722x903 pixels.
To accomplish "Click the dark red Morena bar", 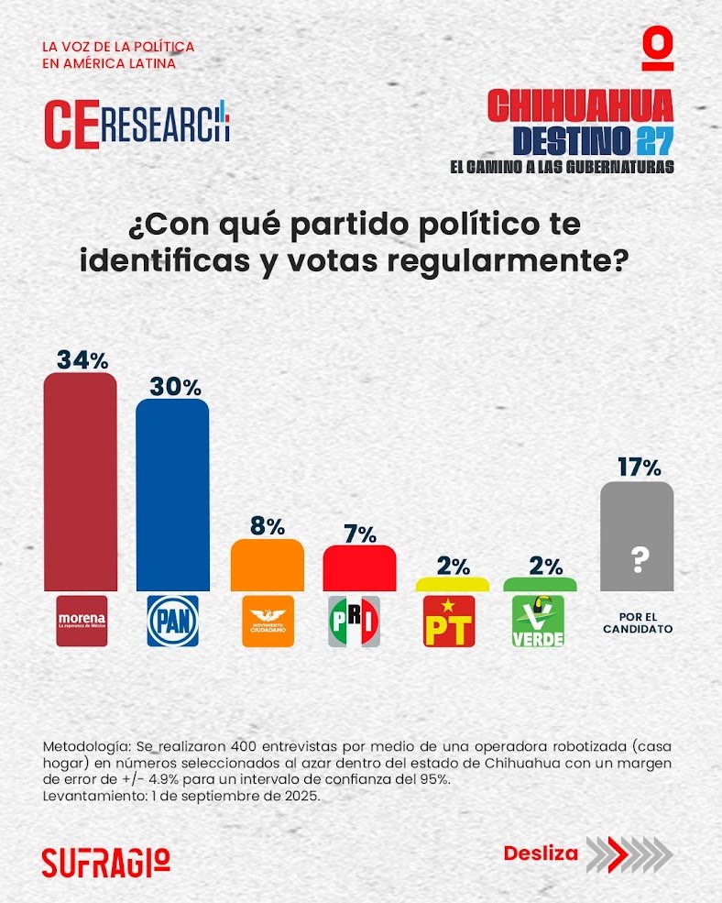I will pyautogui.click(x=81, y=481).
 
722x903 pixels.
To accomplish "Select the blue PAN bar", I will pyautogui.click(x=172, y=495).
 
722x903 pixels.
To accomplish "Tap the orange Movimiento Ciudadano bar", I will pyautogui.click(x=267, y=565).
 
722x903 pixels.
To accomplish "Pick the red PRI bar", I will pyautogui.click(x=359, y=568).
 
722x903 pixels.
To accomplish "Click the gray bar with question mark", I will pyautogui.click(x=637, y=536).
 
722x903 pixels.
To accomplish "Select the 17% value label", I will pyautogui.click(x=638, y=468).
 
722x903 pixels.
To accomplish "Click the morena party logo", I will pyautogui.click(x=82, y=621).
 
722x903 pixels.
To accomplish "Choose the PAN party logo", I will pyautogui.click(x=173, y=621).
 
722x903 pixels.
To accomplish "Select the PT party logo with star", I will pyautogui.click(x=449, y=621).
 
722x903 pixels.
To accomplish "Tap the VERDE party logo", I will pyautogui.click(x=538, y=621).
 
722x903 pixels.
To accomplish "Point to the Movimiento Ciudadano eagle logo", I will pyautogui.click(x=268, y=621).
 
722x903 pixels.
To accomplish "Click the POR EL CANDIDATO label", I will pyautogui.click(x=638, y=622).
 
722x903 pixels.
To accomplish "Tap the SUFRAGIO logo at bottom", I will pyautogui.click(x=105, y=860).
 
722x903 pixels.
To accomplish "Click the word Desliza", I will pyautogui.click(x=541, y=853).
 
